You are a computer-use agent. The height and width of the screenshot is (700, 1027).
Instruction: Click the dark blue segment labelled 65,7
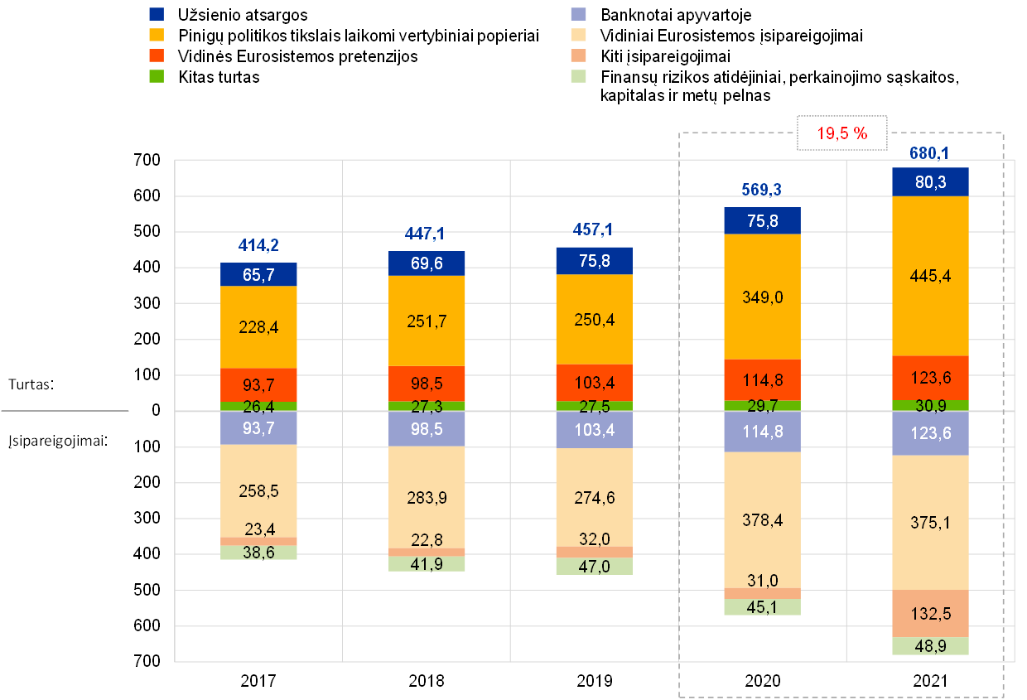pos(258,275)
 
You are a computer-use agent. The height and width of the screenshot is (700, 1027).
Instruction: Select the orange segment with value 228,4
pos(258,327)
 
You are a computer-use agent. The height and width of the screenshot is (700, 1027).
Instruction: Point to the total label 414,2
pos(258,245)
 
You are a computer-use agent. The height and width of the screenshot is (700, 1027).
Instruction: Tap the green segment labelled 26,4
pos(258,406)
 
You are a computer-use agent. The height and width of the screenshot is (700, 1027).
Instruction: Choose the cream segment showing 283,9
pos(427,497)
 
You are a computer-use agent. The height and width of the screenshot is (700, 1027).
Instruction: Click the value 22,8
pos(427,539)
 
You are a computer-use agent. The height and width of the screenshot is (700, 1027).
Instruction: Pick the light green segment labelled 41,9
pos(427,564)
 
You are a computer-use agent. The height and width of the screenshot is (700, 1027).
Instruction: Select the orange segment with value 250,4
pos(594,320)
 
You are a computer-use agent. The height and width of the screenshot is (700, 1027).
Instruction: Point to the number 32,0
pos(594,538)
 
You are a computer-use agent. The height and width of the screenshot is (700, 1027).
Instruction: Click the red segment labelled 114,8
pos(762,380)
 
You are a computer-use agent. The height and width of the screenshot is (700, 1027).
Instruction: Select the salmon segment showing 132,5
pos(930,614)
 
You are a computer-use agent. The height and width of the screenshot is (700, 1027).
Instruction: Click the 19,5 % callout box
pos(841,133)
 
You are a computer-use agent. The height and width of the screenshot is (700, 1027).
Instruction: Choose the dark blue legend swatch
pos(157,14)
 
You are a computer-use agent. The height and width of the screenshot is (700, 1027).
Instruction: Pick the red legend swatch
pos(157,56)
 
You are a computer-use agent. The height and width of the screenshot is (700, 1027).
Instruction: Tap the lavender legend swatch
pos(579,14)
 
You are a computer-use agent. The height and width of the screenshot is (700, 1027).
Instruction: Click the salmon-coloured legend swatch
pos(579,56)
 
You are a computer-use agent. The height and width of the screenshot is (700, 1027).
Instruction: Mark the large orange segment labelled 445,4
pos(930,276)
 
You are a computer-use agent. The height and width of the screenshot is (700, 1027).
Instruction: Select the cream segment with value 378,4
pos(762,519)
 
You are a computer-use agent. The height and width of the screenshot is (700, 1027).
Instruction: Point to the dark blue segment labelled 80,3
pos(930,182)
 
